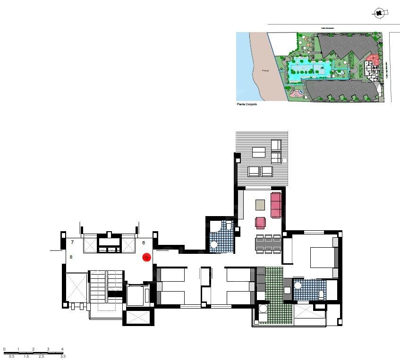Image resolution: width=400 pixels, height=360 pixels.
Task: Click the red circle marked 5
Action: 146,257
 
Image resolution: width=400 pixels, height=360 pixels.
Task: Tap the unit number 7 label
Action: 72,242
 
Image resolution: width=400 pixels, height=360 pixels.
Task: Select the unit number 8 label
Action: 71,257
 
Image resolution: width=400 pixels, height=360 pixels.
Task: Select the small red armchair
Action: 260,222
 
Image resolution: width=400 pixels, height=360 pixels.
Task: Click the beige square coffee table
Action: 260,205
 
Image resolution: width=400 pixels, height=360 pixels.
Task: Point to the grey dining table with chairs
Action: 268,244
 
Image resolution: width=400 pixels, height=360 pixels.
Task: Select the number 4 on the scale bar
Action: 63,349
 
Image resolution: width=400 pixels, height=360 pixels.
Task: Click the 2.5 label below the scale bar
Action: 41,357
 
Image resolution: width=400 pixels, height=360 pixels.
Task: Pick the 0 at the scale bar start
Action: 4,349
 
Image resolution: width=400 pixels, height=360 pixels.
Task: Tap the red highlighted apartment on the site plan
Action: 373,61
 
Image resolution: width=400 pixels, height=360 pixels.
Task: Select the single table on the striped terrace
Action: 258,152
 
